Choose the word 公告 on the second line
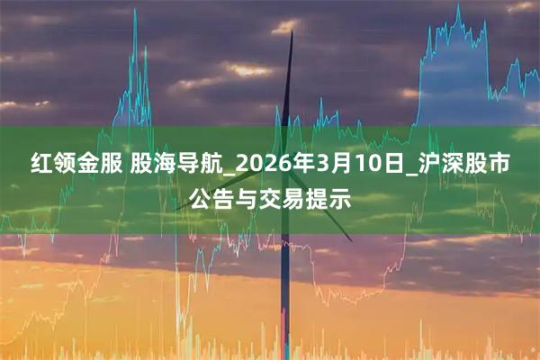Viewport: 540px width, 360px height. (x=209, y=197)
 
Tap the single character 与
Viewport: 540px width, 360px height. (x=247, y=197)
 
